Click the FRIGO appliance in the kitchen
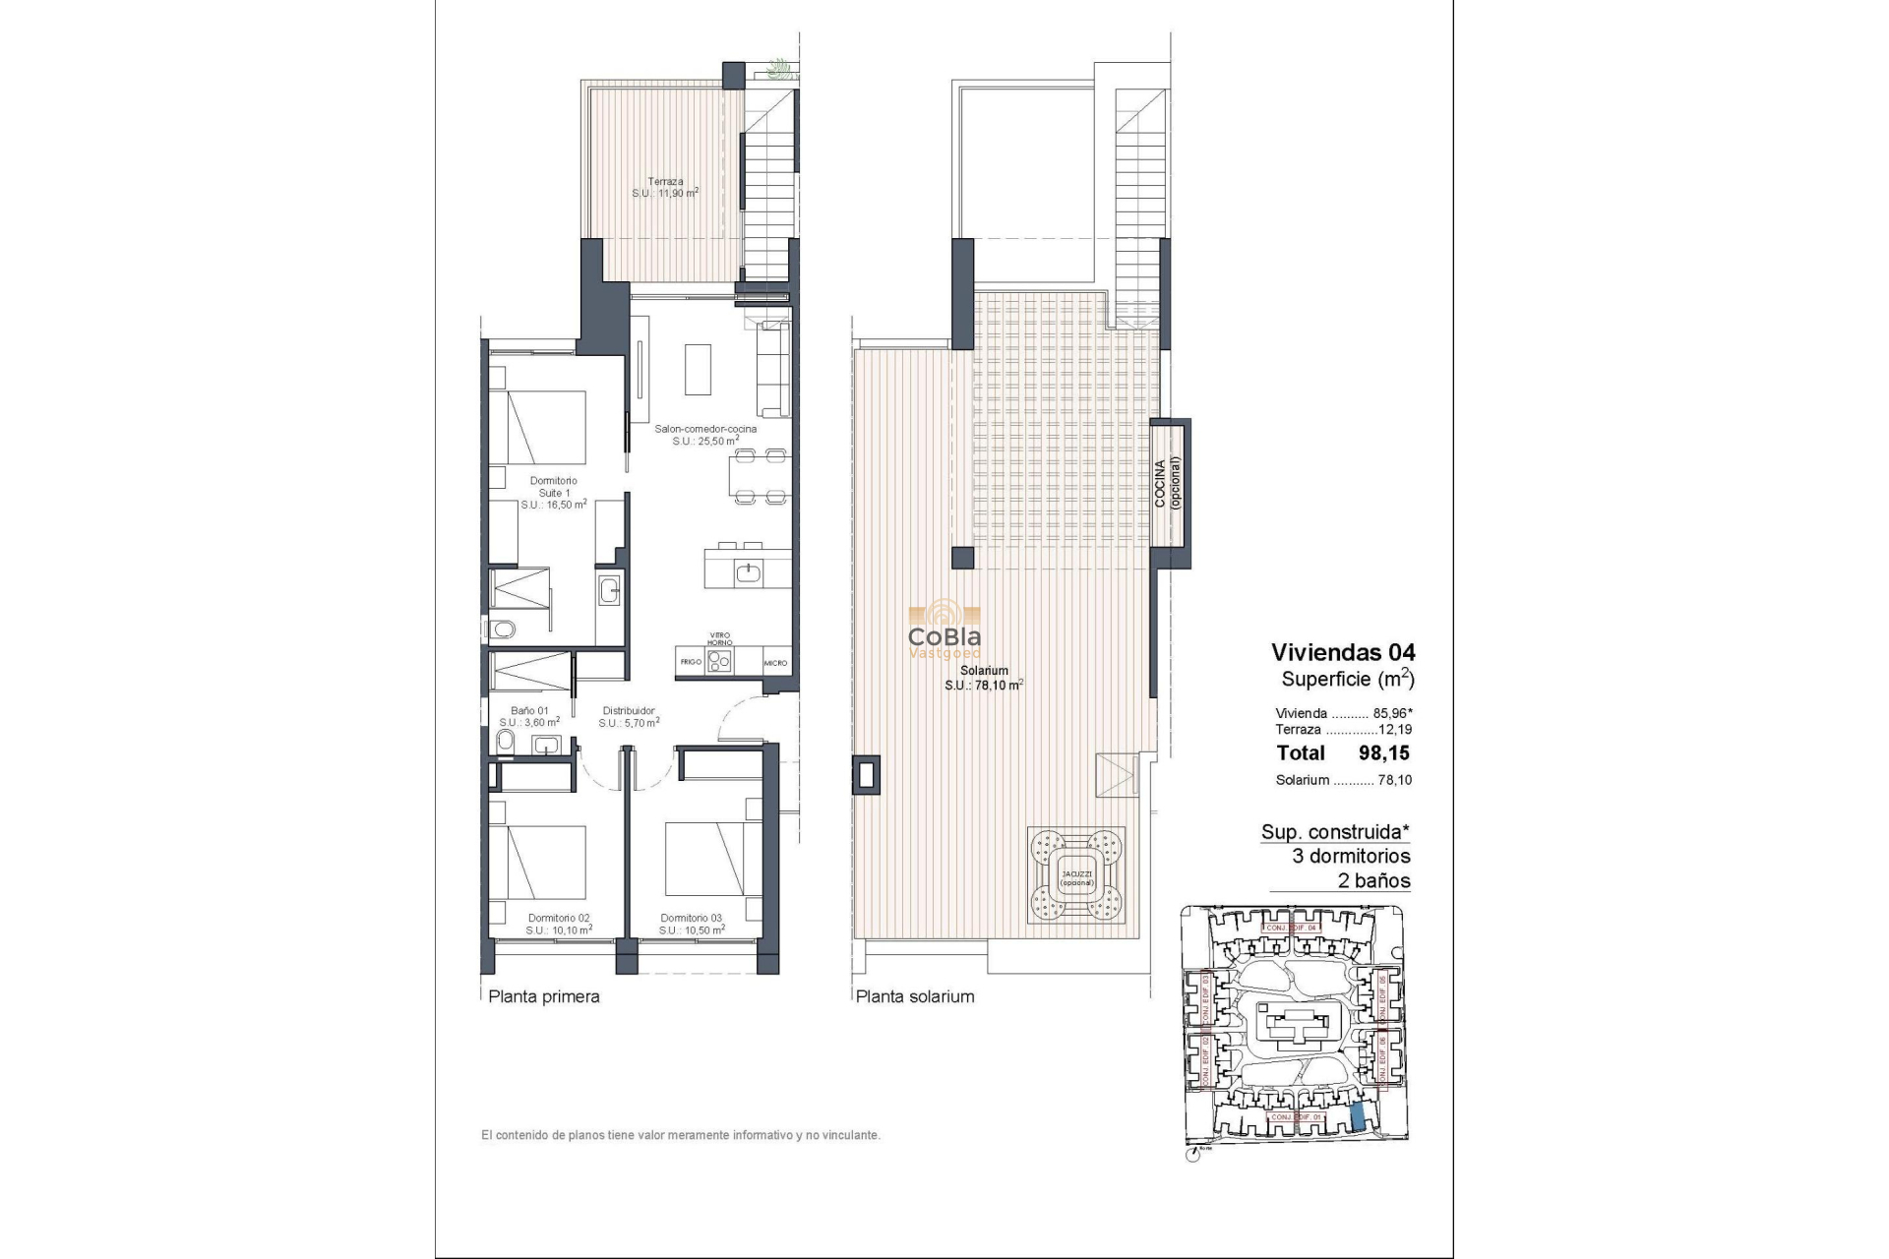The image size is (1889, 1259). click(x=691, y=662)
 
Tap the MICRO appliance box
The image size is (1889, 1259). click(x=775, y=663)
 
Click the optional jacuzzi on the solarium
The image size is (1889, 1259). click(x=1077, y=874)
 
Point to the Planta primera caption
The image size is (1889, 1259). click(x=544, y=996)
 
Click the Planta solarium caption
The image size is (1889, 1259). click(x=915, y=996)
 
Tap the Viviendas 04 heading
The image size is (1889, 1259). click(x=1343, y=652)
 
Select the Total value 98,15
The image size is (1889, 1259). click(x=1383, y=753)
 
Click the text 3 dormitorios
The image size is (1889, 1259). click(x=1351, y=856)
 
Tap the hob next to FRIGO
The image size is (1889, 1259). click(x=721, y=662)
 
